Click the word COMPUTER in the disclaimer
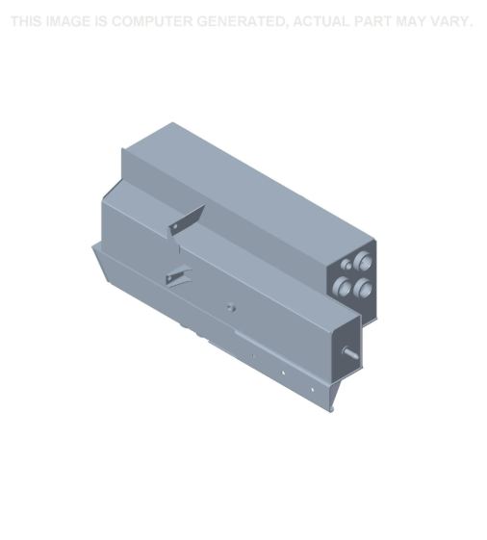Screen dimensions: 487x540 [x=152, y=21]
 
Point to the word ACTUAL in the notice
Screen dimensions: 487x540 [x=321, y=21]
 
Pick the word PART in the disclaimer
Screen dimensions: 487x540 [x=373, y=21]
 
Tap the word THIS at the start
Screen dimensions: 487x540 [x=27, y=21]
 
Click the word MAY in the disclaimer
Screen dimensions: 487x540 [x=411, y=21]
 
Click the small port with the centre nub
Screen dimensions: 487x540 [x=346, y=265]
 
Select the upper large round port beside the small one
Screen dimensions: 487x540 [x=363, y=261]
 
